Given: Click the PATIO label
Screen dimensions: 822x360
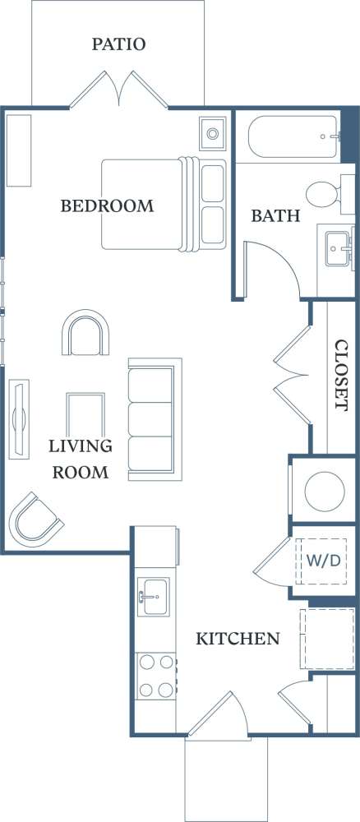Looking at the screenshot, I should point(119,44).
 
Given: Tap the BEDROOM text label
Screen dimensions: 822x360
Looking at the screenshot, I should point(107,205).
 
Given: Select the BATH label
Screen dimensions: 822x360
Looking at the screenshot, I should point(275,216).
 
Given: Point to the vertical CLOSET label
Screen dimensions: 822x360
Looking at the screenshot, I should point(339,375).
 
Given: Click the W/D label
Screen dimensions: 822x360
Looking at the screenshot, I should point(319,561).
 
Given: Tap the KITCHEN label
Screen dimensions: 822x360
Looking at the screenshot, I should point(238,638).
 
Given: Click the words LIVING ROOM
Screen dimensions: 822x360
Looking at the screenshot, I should point(81,459).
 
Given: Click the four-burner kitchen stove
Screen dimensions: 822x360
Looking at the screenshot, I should point(156,675).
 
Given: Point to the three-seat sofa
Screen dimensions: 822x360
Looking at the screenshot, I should point(154,419).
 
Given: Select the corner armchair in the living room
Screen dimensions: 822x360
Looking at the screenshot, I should point(35,519).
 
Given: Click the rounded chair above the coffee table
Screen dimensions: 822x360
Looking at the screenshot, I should point(85,334).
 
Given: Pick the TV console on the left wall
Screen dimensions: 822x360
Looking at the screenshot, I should point(18,418).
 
